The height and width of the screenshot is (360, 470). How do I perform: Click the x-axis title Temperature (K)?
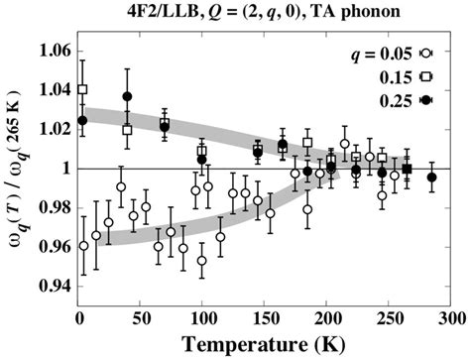pyautogui.click(x=265, y=346)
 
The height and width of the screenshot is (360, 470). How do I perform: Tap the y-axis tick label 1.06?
pyautogui.click(x=52, y=51)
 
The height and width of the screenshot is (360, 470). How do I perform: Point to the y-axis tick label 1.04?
pyautogui.click(x=52, y=90)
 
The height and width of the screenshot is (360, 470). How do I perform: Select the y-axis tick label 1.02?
pyautogui.click(x=52, y=129)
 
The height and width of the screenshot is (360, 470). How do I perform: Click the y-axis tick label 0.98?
pyautogui.click(x=52, y=207)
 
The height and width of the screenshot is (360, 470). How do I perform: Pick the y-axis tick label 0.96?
pyautogui.click(x=52, y=247)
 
